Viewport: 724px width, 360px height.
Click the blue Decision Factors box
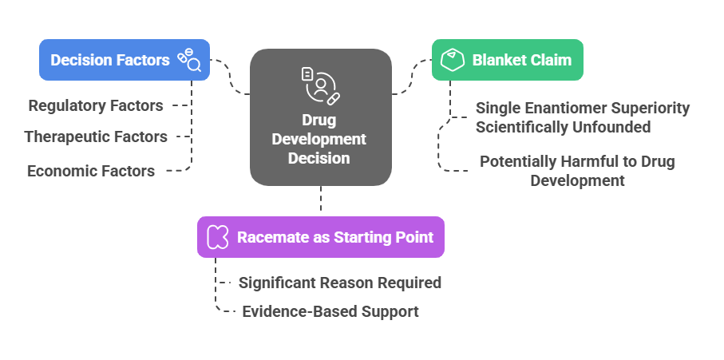click(125, 60)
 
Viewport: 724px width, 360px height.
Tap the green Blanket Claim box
click(508, 60)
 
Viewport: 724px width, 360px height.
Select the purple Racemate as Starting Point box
click(320, 237)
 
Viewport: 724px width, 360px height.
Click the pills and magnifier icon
click(189, 60)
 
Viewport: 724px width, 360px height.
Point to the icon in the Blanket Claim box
click(453, 60)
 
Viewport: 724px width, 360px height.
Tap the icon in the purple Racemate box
click(217, 237)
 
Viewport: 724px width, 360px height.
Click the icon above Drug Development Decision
click(320, 86)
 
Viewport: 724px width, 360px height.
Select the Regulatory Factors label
click(96, 105)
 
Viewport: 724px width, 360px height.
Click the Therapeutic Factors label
click(96, 136)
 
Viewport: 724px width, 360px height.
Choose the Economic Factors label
click(91, 172)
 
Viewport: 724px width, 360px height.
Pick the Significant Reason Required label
click(340, 283)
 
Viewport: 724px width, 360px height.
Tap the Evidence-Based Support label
click(330, 311)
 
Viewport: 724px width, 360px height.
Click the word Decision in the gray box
click(319, 158)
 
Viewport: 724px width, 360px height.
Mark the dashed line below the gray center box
click(321, 199)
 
